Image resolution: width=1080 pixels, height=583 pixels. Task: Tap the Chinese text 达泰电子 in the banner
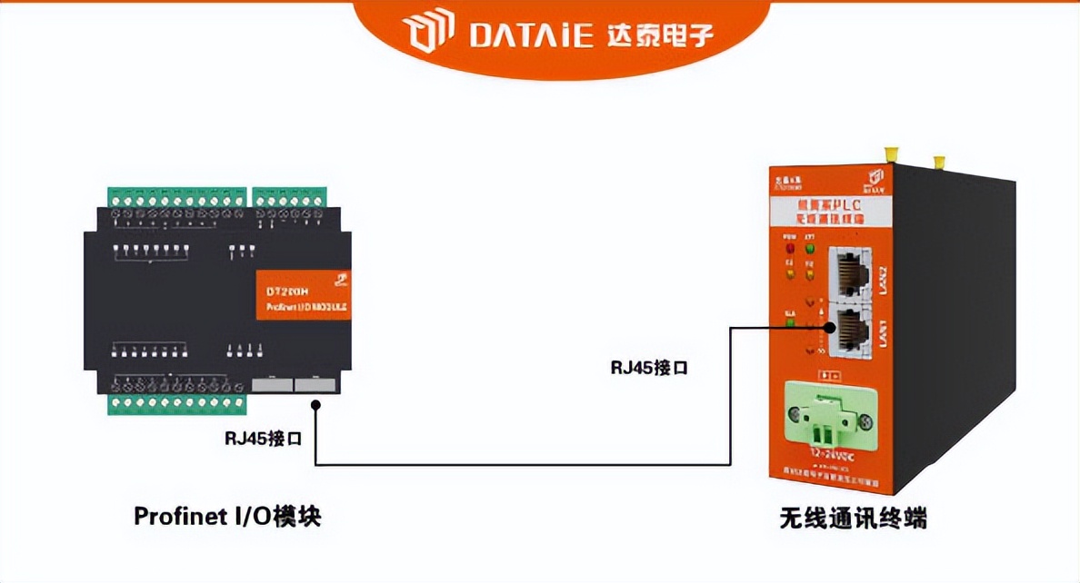tap(656, 35)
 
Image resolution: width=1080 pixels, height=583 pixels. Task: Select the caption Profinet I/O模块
tap(227, 517)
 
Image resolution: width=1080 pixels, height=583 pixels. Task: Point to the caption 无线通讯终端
tap(852, 519)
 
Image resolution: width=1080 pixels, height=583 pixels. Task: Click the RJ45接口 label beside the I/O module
tap(264, 438)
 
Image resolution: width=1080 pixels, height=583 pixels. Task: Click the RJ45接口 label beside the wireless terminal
tap(648, 368)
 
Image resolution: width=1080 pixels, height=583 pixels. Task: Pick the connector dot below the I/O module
tap(315, 405)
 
